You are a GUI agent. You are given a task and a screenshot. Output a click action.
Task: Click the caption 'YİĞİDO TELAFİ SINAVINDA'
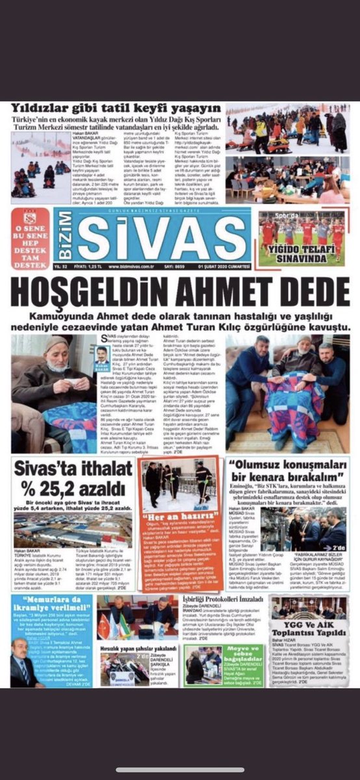click(302, 257)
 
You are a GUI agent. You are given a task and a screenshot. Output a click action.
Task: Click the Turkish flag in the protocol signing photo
click(105, 625)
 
